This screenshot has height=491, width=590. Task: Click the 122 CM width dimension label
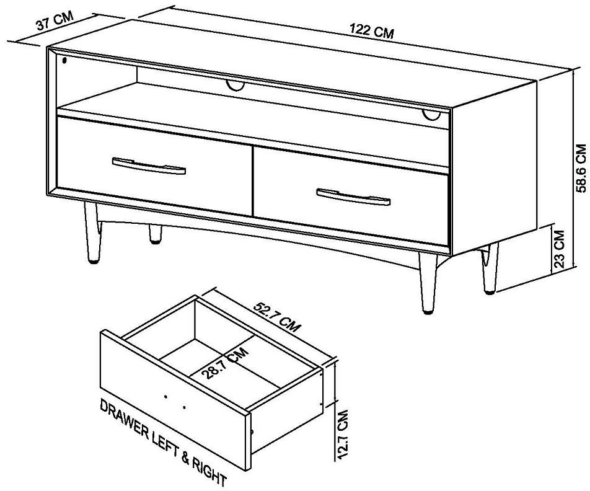(371, 32)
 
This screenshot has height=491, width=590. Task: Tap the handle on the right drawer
(353, 197)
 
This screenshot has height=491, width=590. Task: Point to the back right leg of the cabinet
(488, 267)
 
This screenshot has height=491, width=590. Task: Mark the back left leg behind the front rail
(155, 234)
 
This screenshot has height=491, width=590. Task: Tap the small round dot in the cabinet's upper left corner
(66, 60)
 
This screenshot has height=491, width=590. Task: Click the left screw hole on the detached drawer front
(165, 396)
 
